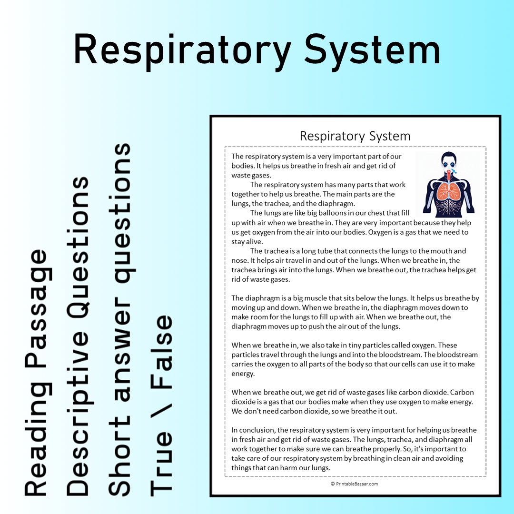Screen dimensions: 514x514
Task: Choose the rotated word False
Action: [x=161, y=352]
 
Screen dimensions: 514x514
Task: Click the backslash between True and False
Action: [x=161, y=411]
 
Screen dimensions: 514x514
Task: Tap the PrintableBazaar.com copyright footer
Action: [x=354, y=484]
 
